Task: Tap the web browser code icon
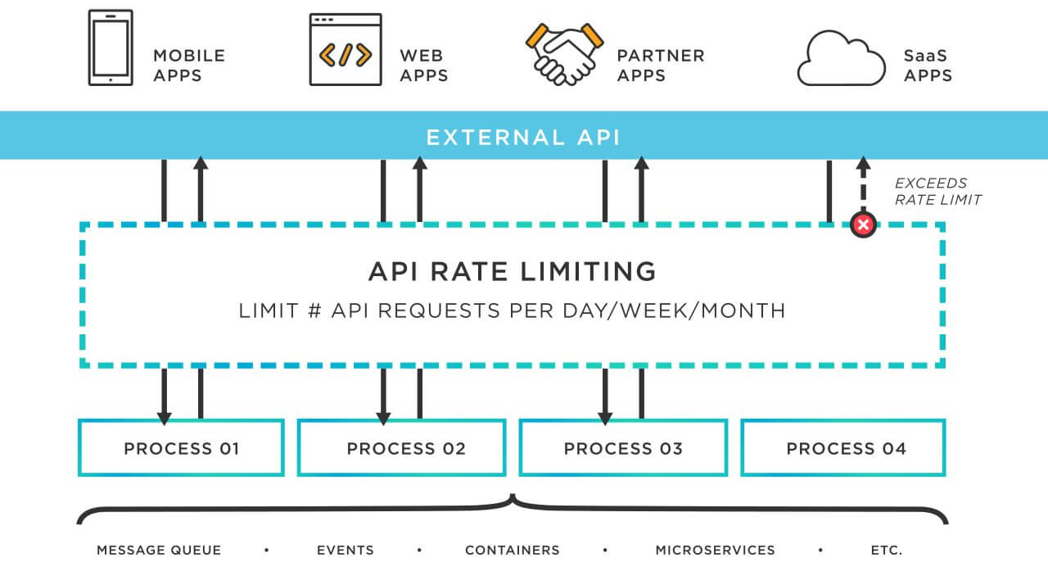tap(345, 51)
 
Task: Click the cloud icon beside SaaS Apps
tap(840, 59)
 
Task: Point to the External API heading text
tap(523, 136)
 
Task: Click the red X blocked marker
tap(863, 224)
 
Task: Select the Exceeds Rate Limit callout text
tap(936, 192)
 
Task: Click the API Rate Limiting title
tap(512, 271)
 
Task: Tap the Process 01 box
tap(181, 448)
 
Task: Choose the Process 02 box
tap(401, 448)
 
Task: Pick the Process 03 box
tap(623, 448)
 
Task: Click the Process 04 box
tap(843, 448)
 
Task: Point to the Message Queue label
tap(159, 551)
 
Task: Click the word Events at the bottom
tap(345, 551)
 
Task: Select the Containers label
tap(512, 551)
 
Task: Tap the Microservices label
tap(715, 551)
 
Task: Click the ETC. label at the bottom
tap(886, 551)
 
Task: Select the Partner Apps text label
tap(660, 66)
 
